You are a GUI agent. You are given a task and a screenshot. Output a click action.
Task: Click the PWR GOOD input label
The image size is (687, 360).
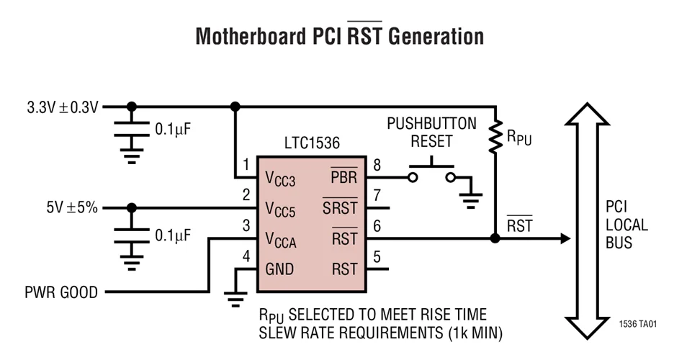60,292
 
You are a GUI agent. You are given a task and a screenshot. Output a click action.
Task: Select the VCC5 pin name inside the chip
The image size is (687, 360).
280,209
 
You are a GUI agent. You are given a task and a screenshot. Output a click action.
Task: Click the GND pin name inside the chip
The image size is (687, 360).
279,269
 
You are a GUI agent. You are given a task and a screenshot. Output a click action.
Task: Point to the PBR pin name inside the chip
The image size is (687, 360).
343,178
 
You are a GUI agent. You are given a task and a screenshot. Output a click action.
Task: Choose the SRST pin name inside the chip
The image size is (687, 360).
339,208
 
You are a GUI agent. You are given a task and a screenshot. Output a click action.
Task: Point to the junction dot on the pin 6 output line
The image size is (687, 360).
495,238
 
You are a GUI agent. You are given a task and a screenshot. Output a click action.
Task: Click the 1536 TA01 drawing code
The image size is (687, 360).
637,325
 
